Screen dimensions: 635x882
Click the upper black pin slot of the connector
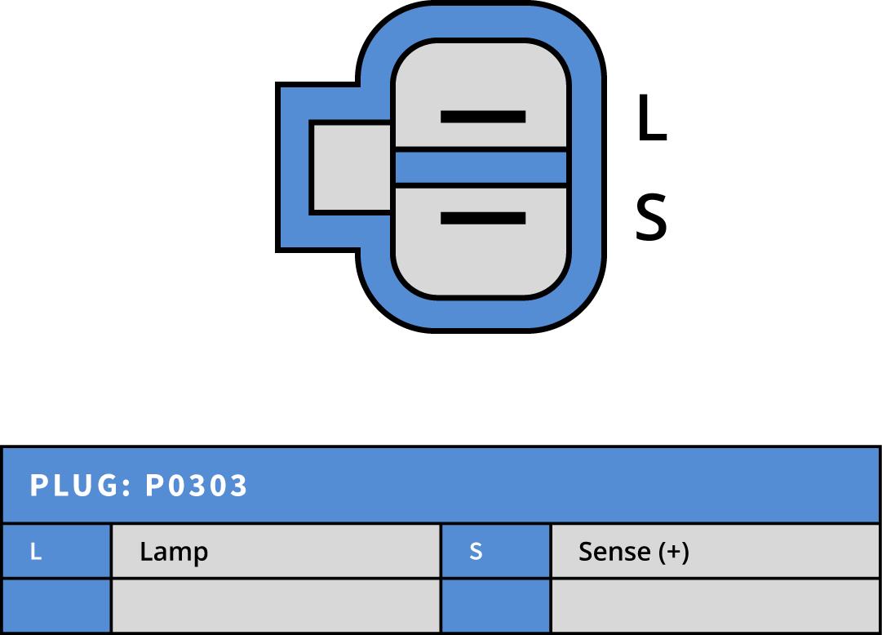[482, 117]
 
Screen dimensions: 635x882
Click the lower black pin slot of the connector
[482, 218]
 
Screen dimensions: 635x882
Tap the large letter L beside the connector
[650, 119]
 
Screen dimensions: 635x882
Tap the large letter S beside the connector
[650, 219]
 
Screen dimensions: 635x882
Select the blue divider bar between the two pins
[481, 167]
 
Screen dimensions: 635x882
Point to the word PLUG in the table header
[73, 486]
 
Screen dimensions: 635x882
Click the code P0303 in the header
[196, 486]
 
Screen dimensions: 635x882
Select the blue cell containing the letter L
[55, 552]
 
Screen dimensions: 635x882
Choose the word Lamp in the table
[173, 553]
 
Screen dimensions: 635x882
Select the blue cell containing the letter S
[495, 552]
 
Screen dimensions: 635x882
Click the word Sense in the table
[614, 552]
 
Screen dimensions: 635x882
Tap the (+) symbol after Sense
[674, 552]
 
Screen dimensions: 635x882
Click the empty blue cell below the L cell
[55, 606]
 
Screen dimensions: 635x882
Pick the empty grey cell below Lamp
[275, 606]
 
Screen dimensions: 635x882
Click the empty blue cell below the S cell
[495, 606]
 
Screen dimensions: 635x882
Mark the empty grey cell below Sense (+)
[715, 606]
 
